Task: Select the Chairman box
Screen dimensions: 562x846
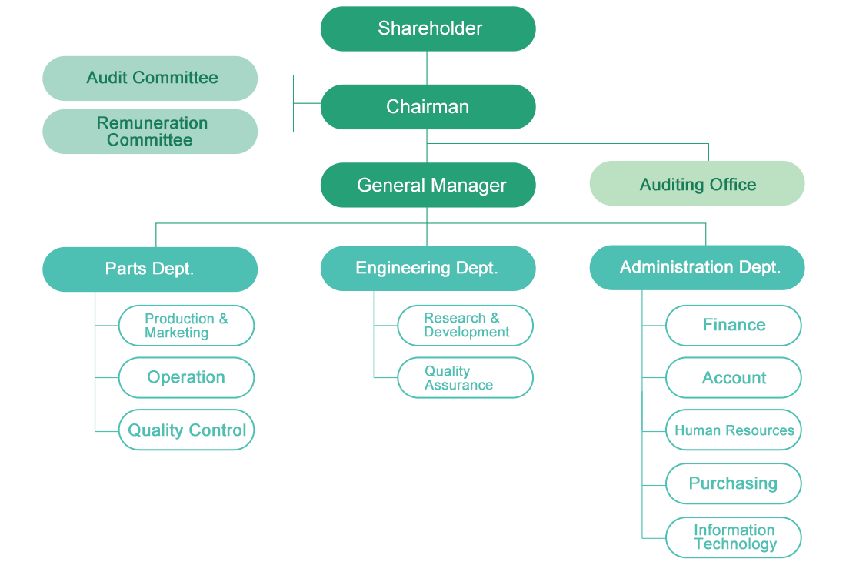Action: (x=427, y=107)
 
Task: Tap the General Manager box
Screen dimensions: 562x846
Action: (x=427, y=186)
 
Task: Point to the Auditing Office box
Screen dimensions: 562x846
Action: (x=697, y=185)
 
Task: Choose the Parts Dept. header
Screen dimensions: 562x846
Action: (x=150, y=269)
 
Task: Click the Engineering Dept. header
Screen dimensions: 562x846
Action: (x=427, y=269)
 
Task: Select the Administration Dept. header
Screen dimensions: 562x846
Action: (x=698, y=268)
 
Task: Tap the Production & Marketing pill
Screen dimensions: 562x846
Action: (x=186, y=326)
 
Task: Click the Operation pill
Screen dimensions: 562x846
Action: (x=186, y=378)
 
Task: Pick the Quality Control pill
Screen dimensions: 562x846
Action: (x=186, y=430)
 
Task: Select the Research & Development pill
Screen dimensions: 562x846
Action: (x=465, y=326)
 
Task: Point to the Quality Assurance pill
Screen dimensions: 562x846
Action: (x=465, y=378)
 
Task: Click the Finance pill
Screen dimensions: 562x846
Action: (x=734, y=326)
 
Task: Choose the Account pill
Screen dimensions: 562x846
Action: (x=734, y=378)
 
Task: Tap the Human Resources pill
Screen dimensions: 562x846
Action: (x=734, y=430)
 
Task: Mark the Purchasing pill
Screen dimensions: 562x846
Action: (x=734, y=484)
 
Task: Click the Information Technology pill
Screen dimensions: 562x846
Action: (x=734, y=537)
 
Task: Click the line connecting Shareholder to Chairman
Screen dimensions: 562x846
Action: (x=427, y=68)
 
